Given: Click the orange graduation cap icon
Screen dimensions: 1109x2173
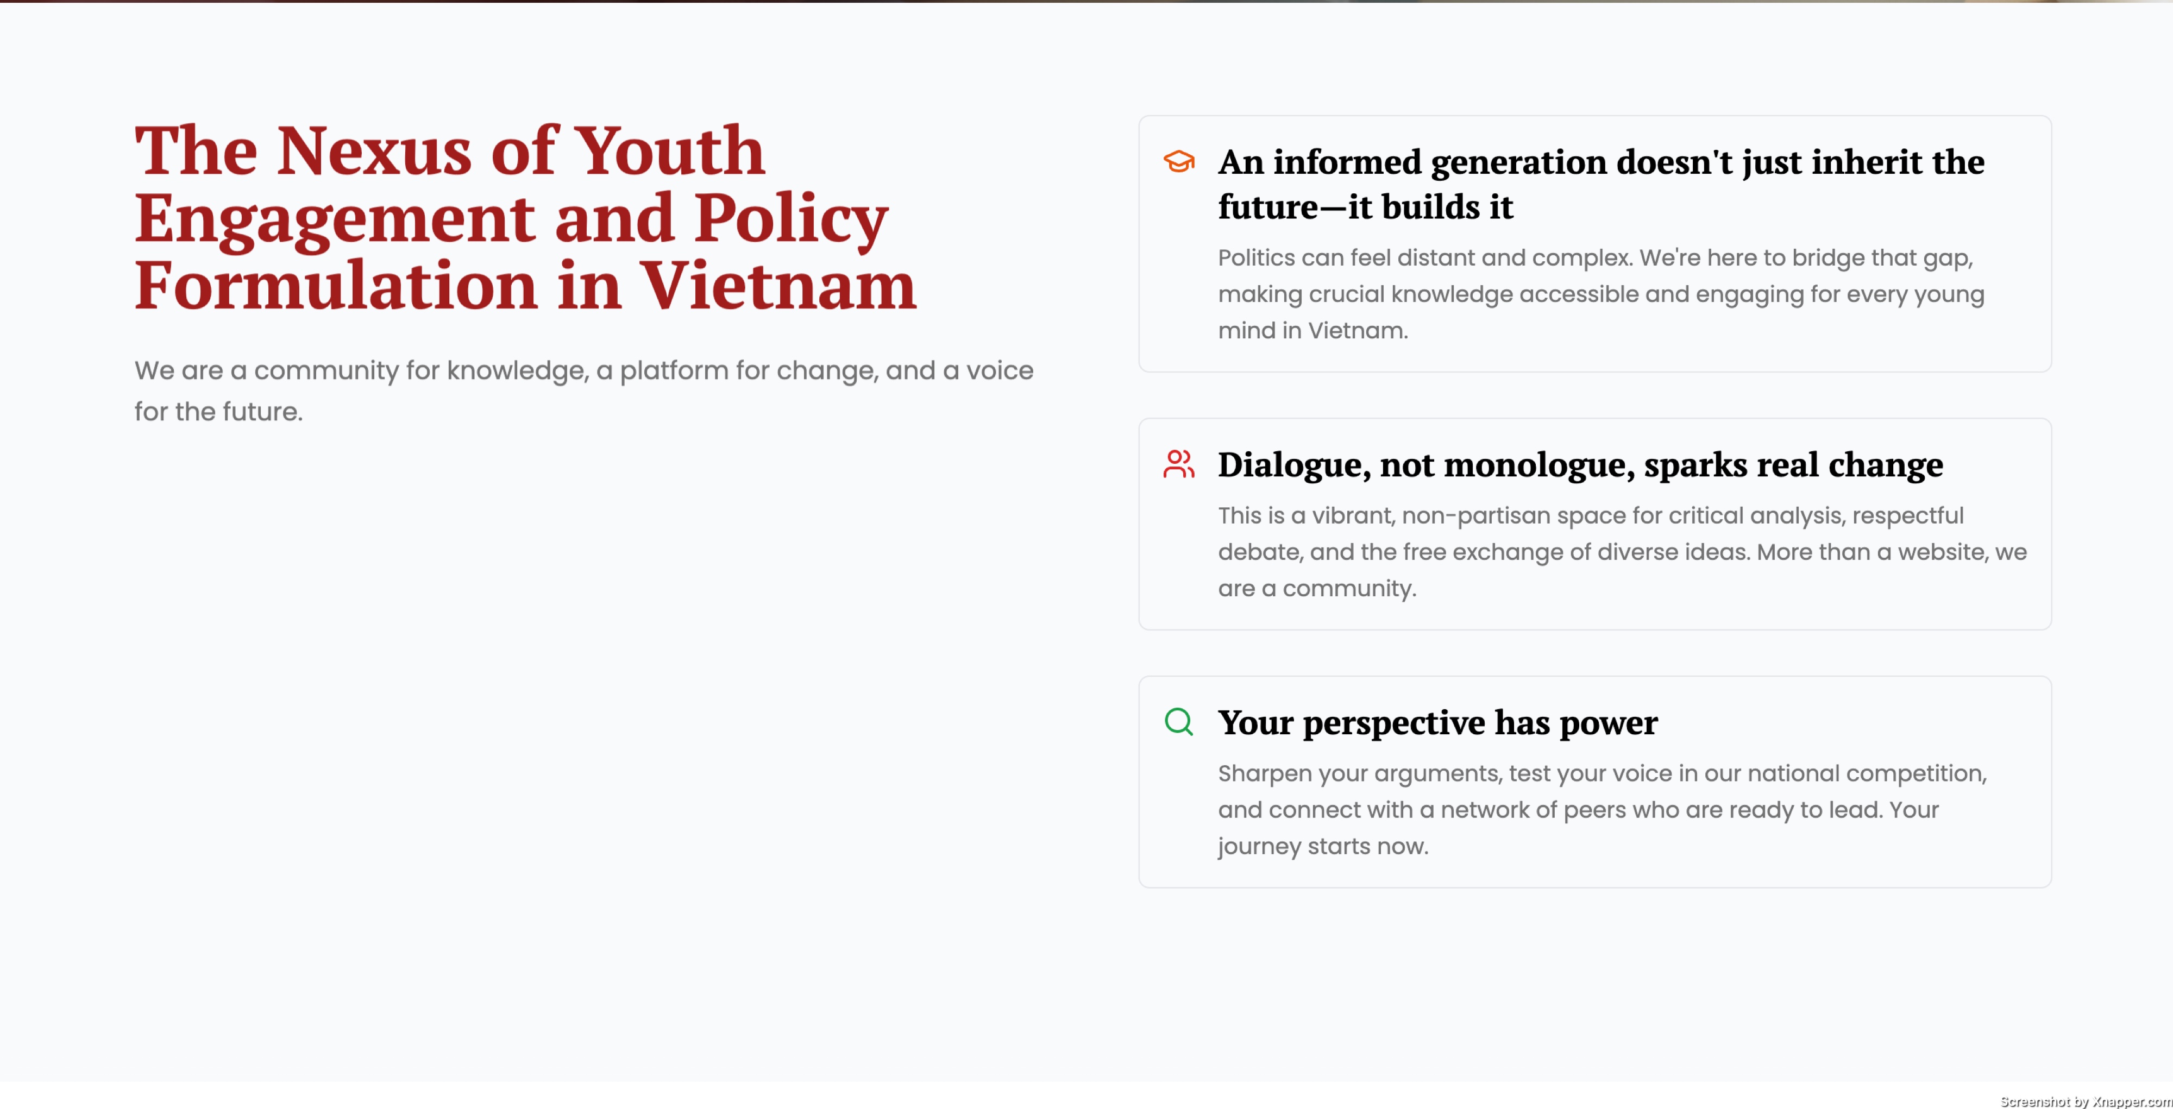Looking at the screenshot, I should click(x=1178, y=161).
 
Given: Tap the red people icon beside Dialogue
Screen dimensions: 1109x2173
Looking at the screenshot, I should click(x=1178, y=464).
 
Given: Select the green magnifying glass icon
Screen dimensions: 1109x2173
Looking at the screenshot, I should click(x=1178, y=722).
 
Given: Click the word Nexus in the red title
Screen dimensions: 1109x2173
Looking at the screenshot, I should click(x=374, y=152).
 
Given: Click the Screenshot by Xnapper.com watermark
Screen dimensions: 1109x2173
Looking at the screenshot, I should click(x=2086, y=1100).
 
